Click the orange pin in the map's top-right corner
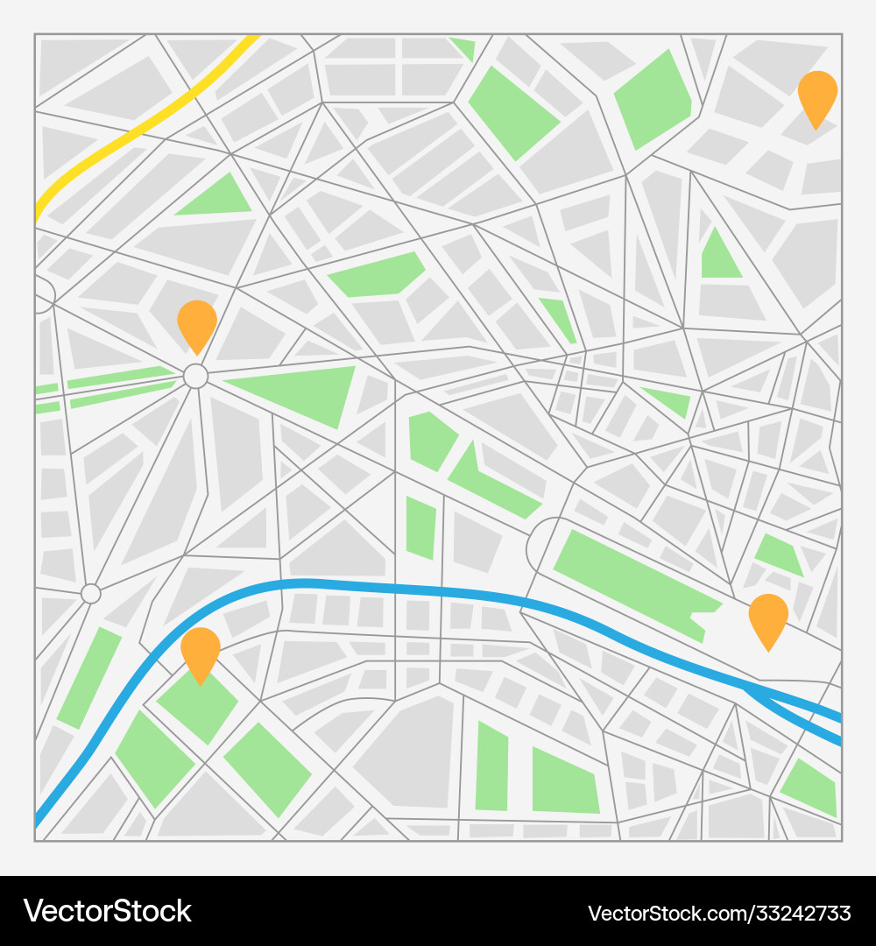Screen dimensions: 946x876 [817, 95]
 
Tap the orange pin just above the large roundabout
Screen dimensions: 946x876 [197, 322]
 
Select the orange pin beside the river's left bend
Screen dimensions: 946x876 [201, 650]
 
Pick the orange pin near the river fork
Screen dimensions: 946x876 [768, 617]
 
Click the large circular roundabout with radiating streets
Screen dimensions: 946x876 [195, 377]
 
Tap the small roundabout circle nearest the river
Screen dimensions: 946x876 [91, 594]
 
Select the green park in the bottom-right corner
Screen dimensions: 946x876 [810, 787]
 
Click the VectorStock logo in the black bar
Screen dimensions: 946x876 [108, 911]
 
